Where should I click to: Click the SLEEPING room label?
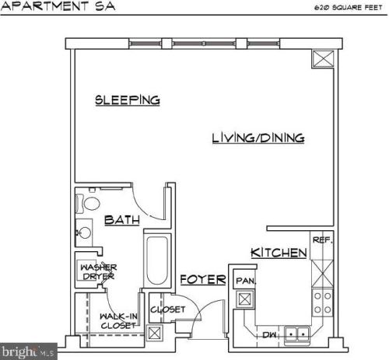click(x=128, y=100)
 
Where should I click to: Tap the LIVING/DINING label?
click(x=258, y=138)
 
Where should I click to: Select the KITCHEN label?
click(x=277, y=253)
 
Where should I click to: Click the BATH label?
click(x=121, y=220)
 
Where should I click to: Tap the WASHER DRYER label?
click(x=98, y=272)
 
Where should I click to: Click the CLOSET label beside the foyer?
click(x=167, y=309)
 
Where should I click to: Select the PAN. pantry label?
click(x=246, y=280)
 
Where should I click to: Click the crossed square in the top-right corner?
click(x=321, y=59)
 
